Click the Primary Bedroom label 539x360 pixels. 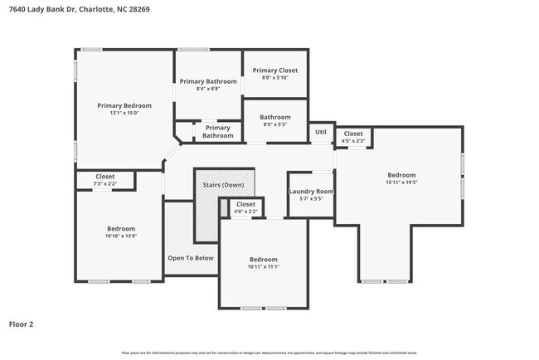click(x=124, y=105)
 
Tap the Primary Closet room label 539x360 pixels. click(x=275, y=71)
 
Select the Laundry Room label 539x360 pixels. click(x=310, y=192)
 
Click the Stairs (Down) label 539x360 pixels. click(x=224, y=185)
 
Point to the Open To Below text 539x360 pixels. click(x=191, y=258)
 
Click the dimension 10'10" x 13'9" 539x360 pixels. click(x=120, y=236)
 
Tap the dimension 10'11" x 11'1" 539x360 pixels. click(x=264, y=267)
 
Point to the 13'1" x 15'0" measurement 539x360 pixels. click(x=124, y=113)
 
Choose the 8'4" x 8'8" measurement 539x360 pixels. click(x=208, y=89)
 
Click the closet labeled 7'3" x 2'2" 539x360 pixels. click(x=105, y=180)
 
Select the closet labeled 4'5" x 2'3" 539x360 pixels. click(x=353, y=137)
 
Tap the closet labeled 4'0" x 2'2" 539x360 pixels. click(x=245, y=208)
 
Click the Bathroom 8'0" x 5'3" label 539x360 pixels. click(x=274, y=121)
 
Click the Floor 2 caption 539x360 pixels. click(x=21, y=324)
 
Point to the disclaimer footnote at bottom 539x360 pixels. click(x=269, y=353)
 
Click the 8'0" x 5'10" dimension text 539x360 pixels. click(x=275, y=78)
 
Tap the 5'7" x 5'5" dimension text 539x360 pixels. click(x=310, y=199)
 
